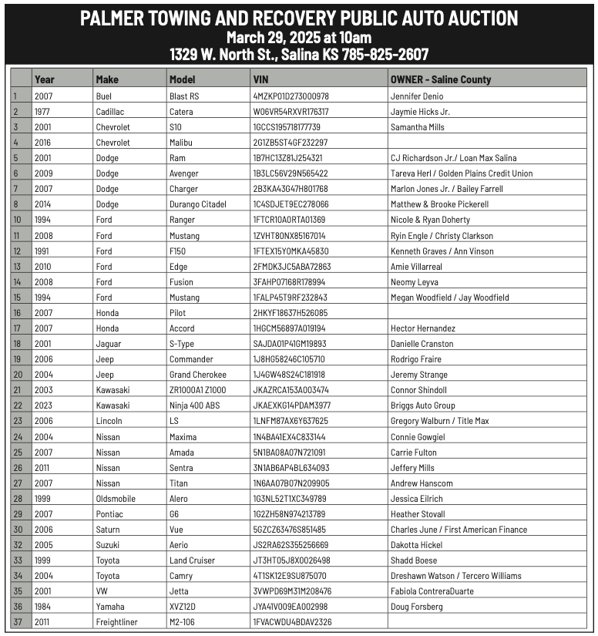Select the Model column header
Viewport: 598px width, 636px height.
point(182,79)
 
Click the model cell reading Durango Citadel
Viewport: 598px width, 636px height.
point(197,204)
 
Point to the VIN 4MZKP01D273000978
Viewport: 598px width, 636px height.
point(291,96)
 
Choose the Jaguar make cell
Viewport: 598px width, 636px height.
point(109,344)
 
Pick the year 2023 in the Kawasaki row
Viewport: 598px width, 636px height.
point(43,405)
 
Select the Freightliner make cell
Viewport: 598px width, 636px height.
point(116,622)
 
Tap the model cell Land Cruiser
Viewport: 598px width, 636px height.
point(192,560)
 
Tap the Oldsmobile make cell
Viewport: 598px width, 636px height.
point(115,498)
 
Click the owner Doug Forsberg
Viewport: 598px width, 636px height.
point(416,607)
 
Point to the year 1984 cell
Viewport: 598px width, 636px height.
point(43,607)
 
